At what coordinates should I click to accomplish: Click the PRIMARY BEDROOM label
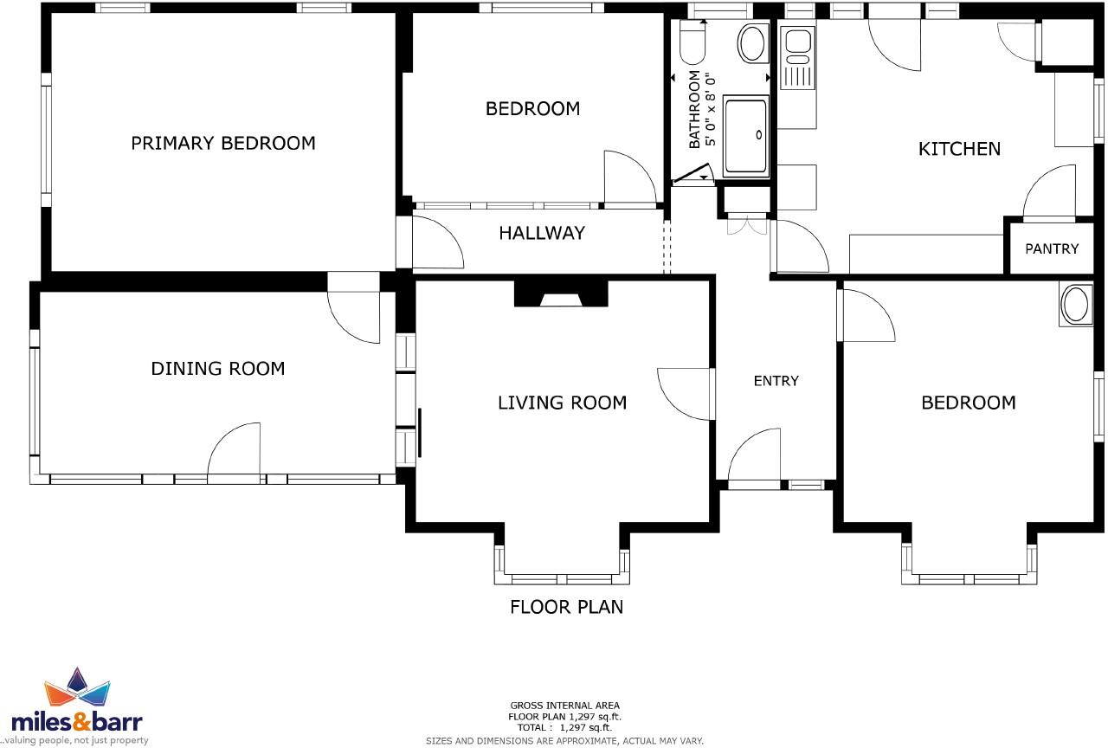(x=222, y=143)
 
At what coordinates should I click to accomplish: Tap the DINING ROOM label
(x=217, y=369)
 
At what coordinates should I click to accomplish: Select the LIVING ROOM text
(x=562, y=403)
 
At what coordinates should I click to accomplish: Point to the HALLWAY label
(x=541, y=233)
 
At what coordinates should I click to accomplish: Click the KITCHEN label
(x=958, y=149)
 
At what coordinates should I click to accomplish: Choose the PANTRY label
(x=1052, y=248)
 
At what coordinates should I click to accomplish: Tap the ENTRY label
(x=776, y=381)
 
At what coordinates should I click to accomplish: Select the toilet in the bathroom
(x=692, y=43)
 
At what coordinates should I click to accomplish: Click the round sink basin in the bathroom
(x=751, y=42)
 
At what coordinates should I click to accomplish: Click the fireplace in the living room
(x=560, y=294)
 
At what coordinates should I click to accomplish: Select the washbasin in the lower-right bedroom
(x=1076, y=306)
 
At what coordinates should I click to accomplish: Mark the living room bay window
(x=562, y=576)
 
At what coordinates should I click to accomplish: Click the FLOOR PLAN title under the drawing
(x=566, y=607)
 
